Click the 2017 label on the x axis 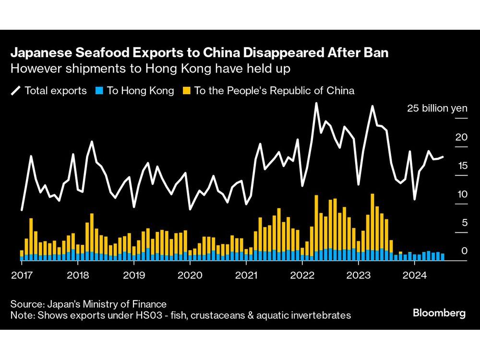tap(22, 276)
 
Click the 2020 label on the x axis tap(190, 276)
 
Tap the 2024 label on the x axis tap(415, 276)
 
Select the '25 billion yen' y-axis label tap(437, 108)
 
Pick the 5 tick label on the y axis tap(463, 223)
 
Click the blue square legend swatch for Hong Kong tap(99, 91)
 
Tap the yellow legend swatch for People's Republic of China tap(186, 91)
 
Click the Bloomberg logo tap(439, 313)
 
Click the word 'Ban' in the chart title tap(376, 53)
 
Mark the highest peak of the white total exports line tap(316, 103)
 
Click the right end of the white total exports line tap(443, 156)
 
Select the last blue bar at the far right tap(442, 257)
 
